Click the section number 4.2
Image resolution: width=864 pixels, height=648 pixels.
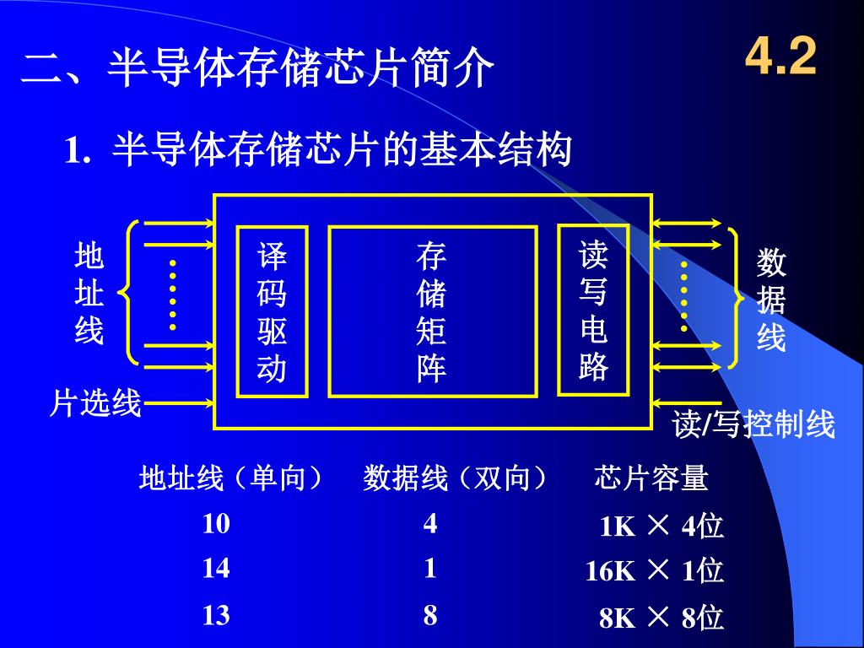click(781, 58)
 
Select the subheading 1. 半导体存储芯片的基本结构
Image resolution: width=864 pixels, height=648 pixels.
click(319, 151)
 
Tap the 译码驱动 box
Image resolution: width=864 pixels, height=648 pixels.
click(272, 311)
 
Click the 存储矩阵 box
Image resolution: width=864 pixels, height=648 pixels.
click(432, 311)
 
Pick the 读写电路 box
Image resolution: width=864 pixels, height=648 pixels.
click(593, 310)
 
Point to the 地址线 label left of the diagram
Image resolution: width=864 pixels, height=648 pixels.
click(89, 293)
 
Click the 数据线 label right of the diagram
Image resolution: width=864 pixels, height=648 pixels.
click(771, 300)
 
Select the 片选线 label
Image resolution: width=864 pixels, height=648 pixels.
click(94, 404)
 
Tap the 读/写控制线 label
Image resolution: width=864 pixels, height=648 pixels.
click(753, 424)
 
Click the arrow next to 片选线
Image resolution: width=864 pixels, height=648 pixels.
click(178, 404)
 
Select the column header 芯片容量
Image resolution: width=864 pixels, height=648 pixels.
click(651, 479)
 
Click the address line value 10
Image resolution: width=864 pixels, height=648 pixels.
click(216, 524)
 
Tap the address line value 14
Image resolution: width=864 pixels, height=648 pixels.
click(216, 569)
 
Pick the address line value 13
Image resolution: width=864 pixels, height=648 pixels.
click(216, 615)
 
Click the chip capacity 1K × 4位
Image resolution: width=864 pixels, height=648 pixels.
click(661, 526)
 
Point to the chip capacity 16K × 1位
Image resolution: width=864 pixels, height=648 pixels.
click(655, 571)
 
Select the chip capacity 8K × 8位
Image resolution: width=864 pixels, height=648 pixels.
click(661, 618)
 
